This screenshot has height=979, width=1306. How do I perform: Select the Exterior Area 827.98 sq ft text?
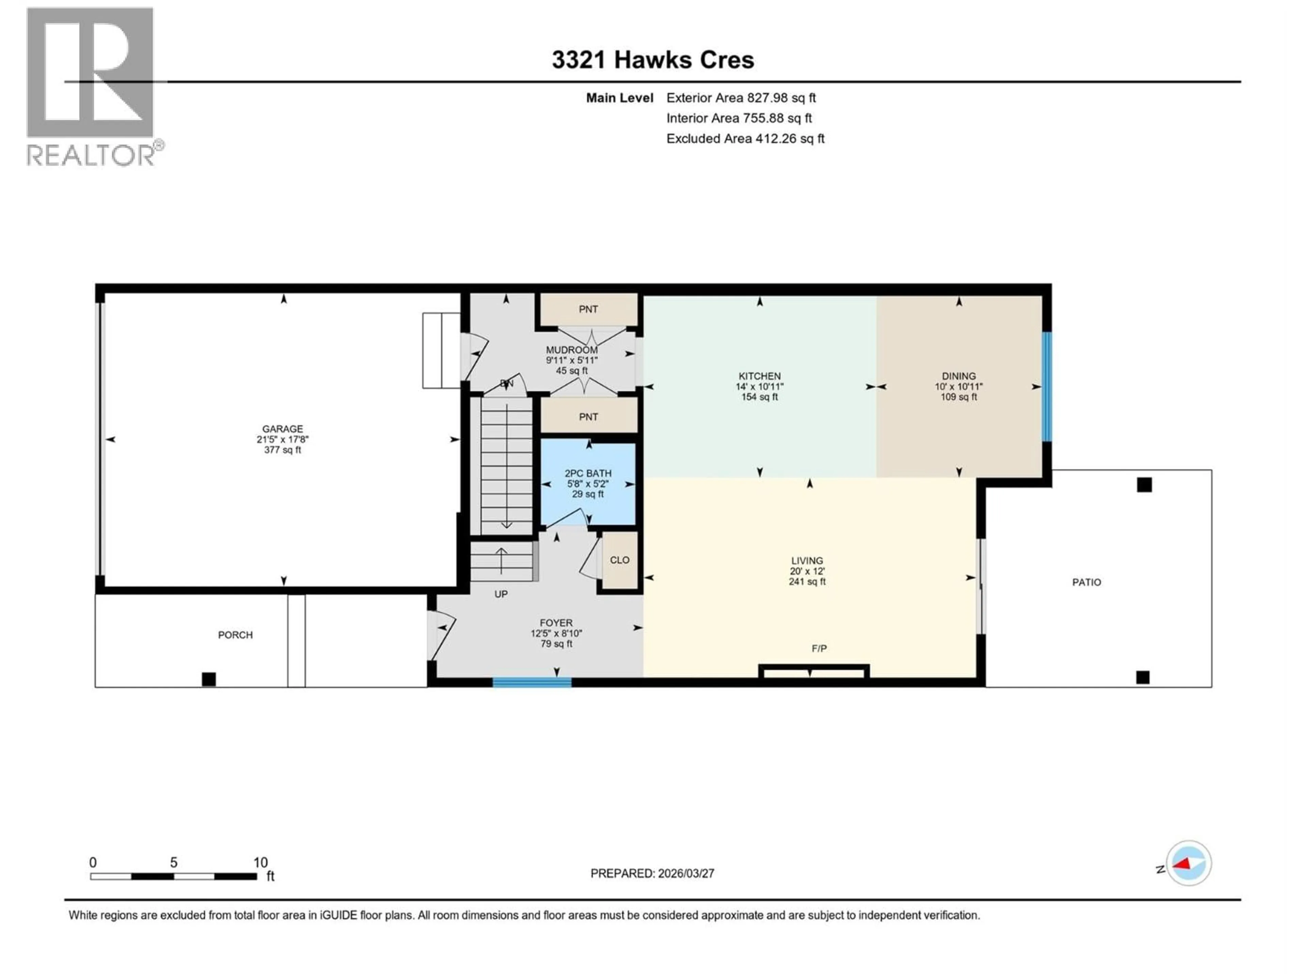coord(741,98)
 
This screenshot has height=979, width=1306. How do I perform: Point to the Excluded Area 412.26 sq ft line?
coord(745,139)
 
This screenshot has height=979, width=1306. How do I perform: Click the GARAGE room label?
coord(283,429)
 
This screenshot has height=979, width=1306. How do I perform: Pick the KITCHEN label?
coord(759,376)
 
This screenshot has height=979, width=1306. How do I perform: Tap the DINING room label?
coord(958,376)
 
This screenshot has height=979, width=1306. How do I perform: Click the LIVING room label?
coord(806,561)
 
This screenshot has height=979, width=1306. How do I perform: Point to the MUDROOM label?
coord(571,350)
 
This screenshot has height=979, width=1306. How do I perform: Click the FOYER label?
coord(556,622)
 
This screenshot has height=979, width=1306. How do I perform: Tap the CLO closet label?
coord(619,560)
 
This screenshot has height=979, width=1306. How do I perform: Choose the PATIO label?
coord(1086,582)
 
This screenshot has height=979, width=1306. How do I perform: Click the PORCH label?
coord(235,635)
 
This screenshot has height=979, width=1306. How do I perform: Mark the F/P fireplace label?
coord(819,649)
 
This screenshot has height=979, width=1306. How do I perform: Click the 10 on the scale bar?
coord(261,863)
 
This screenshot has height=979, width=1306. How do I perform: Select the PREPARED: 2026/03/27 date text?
coord(652,873)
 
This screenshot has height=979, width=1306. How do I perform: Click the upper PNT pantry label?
coord(588,309)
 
